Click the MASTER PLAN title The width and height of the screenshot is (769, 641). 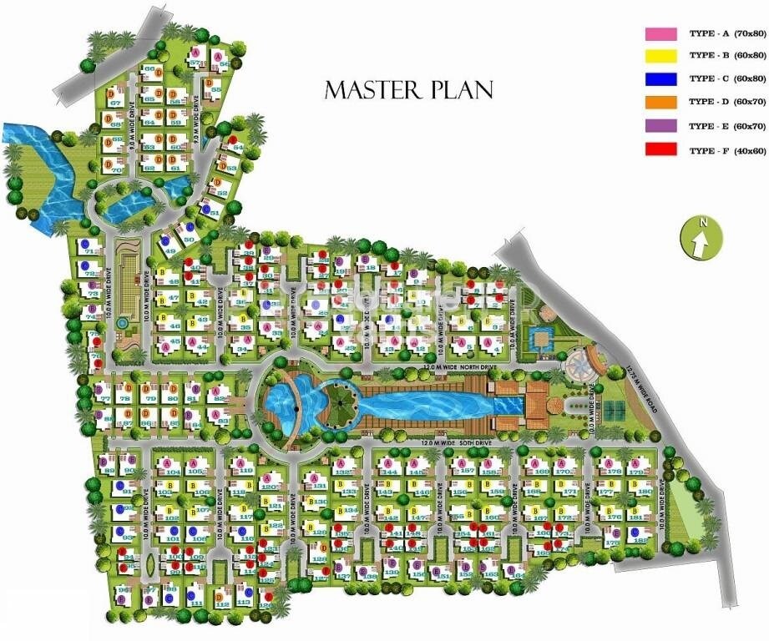click(x=408, y=89)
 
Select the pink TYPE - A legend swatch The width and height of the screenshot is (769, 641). click(x=660, y=34)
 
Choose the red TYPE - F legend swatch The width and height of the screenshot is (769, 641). click(x=660, y=151)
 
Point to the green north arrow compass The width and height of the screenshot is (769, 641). click(x=699, y=237)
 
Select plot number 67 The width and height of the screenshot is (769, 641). click(x=116, y=103)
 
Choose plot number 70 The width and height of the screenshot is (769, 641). click(x=116, y=169)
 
